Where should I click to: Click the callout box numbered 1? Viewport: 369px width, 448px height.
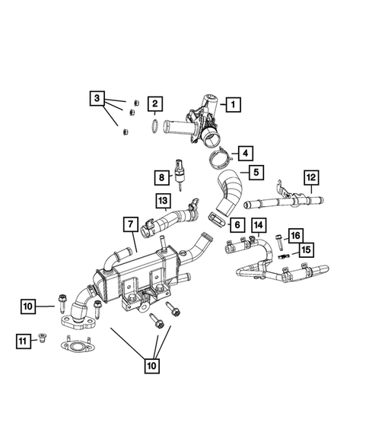(234, 103)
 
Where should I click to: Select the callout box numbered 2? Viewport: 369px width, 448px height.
(154, 103)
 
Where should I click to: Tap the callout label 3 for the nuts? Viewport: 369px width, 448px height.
(96, 98)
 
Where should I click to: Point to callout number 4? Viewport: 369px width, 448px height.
(246, 153)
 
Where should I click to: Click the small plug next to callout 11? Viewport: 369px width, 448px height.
(43, 339)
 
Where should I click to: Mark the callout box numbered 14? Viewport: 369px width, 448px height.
(259, 224)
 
